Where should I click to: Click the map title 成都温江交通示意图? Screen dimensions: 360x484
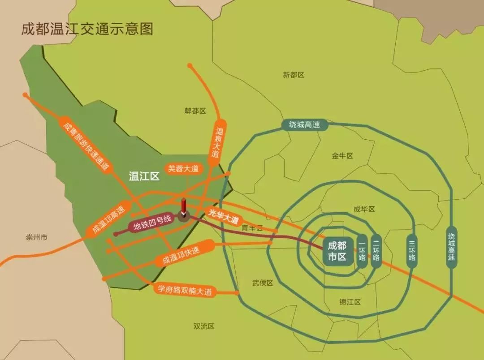tap(87, 29)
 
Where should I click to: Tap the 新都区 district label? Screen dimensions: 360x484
tap(294, 75)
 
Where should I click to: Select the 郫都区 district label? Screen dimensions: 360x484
tap(195, 111)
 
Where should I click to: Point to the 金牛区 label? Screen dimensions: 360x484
tap(342, 156)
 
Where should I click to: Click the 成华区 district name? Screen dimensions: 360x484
tap(364, 209)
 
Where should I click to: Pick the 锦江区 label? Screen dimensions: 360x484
tap(350, 302)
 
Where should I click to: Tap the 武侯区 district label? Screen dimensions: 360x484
tap(263, 283)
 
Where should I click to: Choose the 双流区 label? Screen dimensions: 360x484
tap(204, 326)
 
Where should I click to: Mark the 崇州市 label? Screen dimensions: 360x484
tap(37, 237)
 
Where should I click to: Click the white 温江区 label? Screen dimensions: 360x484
tap(144, 176)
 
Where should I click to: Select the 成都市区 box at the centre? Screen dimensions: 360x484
tap(337, 251)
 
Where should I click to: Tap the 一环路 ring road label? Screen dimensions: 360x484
tap(362, 251)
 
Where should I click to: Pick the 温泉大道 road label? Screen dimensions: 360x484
tap(218, 143)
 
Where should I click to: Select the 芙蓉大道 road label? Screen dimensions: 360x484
tap(183, 169)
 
